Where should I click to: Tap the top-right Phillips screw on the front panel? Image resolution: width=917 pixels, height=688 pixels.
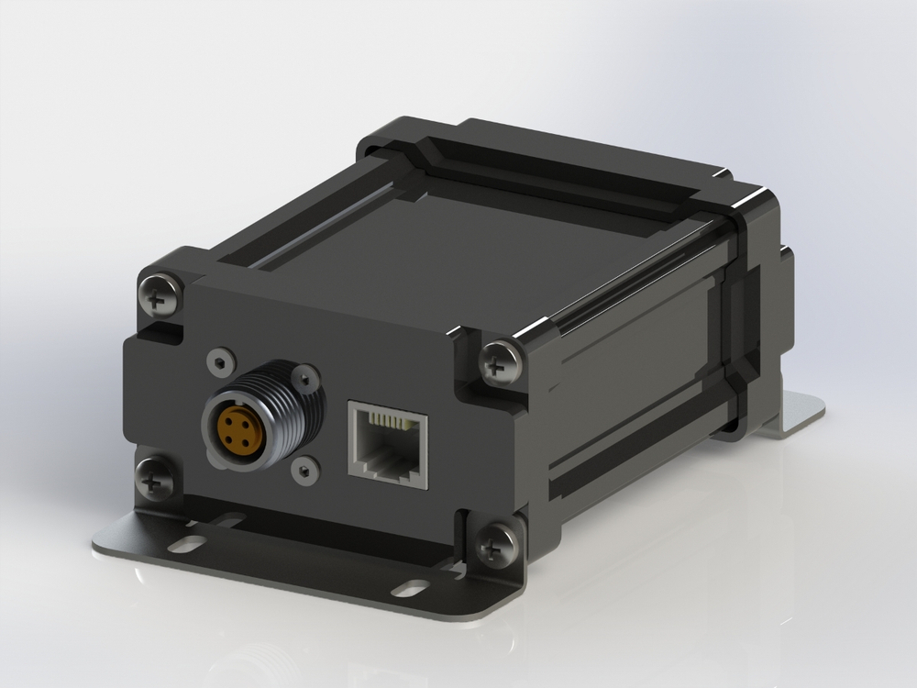(x=500, y=361)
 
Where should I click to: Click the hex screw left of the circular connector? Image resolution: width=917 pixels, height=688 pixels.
(x=219, y=361)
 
